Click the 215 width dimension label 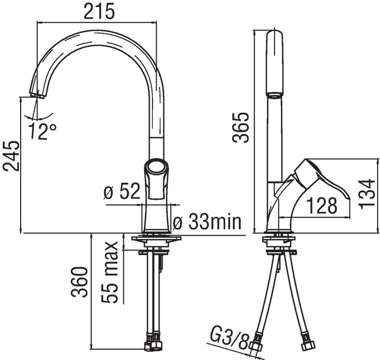click(99, 11)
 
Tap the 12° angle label click(42, 131)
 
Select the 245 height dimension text click(11, 156)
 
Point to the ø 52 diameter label click(122, 191)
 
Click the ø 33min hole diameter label click(207, 222)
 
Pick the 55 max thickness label click(109, 272)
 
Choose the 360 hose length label click(79, 282)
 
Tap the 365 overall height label click(240, 127)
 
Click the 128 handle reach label click(322, 206)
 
